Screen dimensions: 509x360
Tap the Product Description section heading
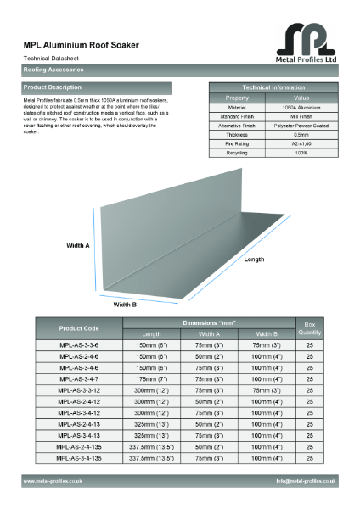[x=53, y=87]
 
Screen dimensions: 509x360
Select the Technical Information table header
[x=273, y=87]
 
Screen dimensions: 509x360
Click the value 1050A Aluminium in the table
[x=301, y=108]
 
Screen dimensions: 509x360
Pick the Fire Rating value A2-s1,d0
[x=301, y=143]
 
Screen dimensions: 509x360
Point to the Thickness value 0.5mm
[x=301, y=134]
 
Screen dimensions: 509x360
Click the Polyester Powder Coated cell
[x=301, y=126]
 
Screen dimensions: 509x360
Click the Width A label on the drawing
[x=78, y=245]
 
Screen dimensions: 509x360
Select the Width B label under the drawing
[x=125, y=304]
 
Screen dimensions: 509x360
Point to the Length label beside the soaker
[x=254, y=260]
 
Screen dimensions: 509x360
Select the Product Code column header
[x=79, y=328]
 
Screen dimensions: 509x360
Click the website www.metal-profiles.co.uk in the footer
[x=53, y=481]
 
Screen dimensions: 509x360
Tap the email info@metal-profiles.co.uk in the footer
[x=306, y=481]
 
